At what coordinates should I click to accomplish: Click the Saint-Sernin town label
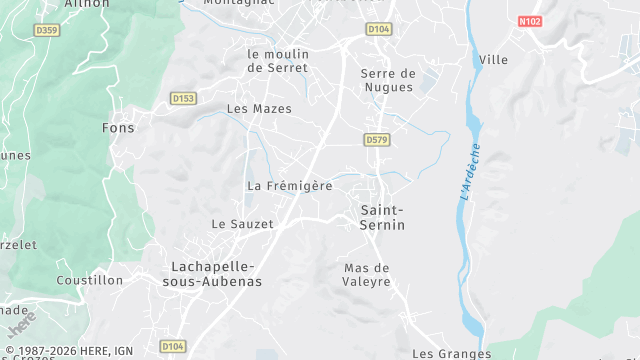(x=382, y=217)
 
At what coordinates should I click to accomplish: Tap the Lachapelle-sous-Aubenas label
(x=216, y=273)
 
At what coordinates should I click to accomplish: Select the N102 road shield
(x=530, y=20)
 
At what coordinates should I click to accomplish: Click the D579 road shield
(x=376, y=140)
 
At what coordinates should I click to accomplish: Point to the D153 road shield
(x=182, y=98)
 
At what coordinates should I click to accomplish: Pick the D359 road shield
(x=47, y=29)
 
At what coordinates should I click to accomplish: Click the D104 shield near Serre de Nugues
(x=379, y=29)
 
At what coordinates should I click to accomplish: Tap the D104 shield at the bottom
(x=172, y=345)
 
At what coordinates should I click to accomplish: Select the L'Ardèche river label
(x=470, y=172)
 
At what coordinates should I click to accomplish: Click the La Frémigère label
(x=289, y=186)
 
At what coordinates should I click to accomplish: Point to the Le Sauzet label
(x=242, y=224)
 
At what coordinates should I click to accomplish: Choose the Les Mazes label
(x=259, y=108)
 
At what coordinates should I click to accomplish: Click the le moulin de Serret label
(x=277, y=60)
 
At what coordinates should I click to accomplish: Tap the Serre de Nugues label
(x=387, y=80)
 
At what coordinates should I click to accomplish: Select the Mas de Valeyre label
(x=366, y=275)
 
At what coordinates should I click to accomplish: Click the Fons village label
(x=118, y=128)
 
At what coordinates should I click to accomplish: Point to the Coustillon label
(x=88, y=280)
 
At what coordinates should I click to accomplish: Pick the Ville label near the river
(x=493, y=60)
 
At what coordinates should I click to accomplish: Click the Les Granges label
(x=451, y=353)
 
